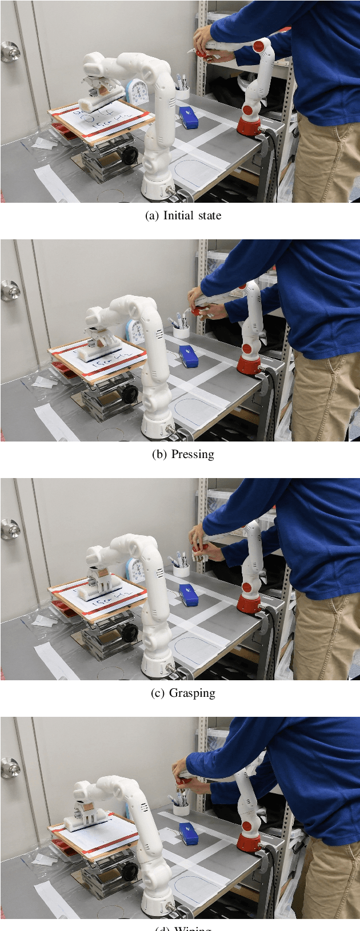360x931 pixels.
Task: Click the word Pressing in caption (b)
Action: tap(193, 455)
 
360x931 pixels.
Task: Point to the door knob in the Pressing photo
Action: tap(10, 290)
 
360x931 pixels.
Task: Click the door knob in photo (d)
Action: tap(10, 767)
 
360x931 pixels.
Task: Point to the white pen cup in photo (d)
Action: tap(181, 809)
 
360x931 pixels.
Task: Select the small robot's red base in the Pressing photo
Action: tap(250, 364)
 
